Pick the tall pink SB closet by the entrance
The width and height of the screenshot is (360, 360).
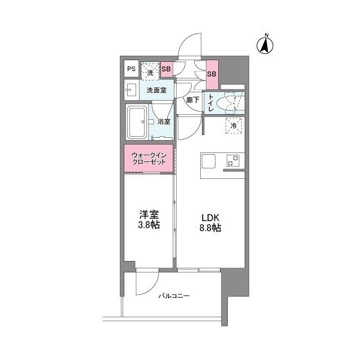pos(212,74)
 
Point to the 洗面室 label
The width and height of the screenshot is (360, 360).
pos(156,90)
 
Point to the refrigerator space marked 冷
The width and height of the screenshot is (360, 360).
pos(233,127)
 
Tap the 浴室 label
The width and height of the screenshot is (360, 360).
pos(164,121)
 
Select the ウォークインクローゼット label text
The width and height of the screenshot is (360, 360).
pos(149,158)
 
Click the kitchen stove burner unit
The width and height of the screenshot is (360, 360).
pos(233,161)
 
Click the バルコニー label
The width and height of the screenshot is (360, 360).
pos(173,296)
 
